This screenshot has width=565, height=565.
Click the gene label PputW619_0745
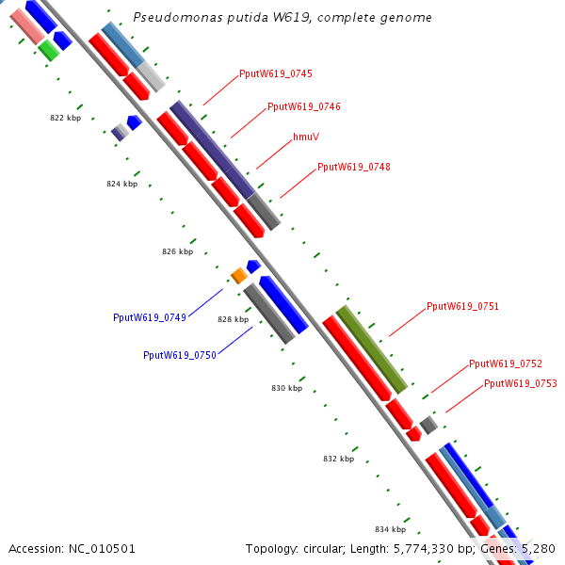click(276, 73)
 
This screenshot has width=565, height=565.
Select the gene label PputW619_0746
click(304, 106)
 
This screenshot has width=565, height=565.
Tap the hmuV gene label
click(306, 137)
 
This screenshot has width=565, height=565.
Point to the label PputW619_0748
click(353, 167)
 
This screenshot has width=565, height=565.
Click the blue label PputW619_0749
click(150, 317)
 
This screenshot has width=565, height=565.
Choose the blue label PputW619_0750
click(180, 355)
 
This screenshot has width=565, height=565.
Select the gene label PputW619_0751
click(462, 306)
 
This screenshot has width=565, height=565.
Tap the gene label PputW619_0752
click(506, 363)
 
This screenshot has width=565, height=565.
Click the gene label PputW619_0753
click(521, 383)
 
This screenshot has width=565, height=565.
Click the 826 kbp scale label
click(178, 251)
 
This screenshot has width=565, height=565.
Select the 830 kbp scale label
click(287, 388)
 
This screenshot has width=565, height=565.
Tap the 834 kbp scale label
click(390, 529)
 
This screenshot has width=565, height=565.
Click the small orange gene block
click(239, 275)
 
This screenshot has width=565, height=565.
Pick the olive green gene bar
click(372, 349)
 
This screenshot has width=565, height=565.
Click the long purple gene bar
click(212, 150)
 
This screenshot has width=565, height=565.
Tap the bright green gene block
click(49, 50)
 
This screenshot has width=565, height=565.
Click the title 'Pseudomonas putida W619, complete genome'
click(282, 17)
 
